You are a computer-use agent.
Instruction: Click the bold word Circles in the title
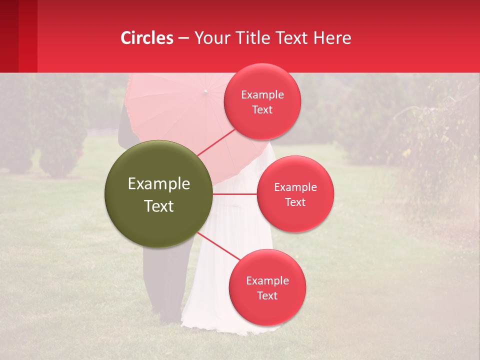tap(147, 38)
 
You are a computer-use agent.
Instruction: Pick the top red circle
tap(262, 101)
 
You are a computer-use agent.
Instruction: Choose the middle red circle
tap(295, 194)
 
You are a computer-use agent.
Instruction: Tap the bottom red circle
tap(267, 287)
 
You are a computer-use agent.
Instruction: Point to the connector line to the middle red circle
tap(235, 194)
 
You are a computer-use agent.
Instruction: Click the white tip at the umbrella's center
tap(205, 91)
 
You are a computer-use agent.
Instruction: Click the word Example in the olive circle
tap(158, 184)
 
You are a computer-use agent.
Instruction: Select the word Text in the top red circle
tap(262, 110)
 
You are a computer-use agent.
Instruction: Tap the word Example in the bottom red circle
tap(267, 280)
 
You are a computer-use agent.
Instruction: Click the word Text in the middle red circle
tap(295, 202)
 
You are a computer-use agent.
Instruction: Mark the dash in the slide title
tap(183, 38)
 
